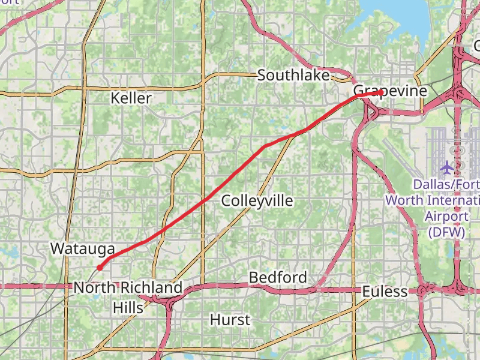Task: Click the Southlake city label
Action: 293,76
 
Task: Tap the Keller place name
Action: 131,98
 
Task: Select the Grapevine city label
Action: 390,91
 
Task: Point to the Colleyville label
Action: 257,200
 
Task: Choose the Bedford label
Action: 278,278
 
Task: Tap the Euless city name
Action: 385,292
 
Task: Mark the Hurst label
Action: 230,320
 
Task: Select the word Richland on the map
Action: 151,288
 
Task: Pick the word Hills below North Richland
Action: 128,308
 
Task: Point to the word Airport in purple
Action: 446,215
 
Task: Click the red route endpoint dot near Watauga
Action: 100,268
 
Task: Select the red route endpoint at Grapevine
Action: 380,92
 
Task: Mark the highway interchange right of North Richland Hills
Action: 169,300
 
